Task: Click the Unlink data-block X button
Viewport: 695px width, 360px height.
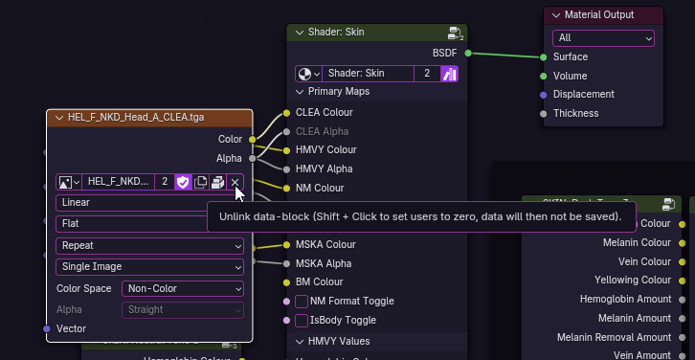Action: point(235,182)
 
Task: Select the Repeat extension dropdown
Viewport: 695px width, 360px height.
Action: point(149,246)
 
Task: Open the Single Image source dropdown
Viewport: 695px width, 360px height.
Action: point(149,266)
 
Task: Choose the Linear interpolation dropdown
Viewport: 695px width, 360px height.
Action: point(149,203)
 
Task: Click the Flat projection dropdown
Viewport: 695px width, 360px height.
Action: point(149,223)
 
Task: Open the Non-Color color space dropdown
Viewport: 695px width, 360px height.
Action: point(182,288)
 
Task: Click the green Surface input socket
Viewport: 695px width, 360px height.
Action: point(544,57)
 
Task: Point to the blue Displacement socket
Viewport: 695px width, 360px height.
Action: point(544,95)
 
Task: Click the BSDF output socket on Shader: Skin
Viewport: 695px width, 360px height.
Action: point(468,53)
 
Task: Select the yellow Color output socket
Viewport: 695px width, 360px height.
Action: point(253,140)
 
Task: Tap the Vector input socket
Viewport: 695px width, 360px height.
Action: point(47,328)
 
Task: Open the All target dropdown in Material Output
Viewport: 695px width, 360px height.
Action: point(603,37)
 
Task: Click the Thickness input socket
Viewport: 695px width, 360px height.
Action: point(544,114)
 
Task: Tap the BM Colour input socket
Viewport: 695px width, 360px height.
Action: point(285,282)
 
